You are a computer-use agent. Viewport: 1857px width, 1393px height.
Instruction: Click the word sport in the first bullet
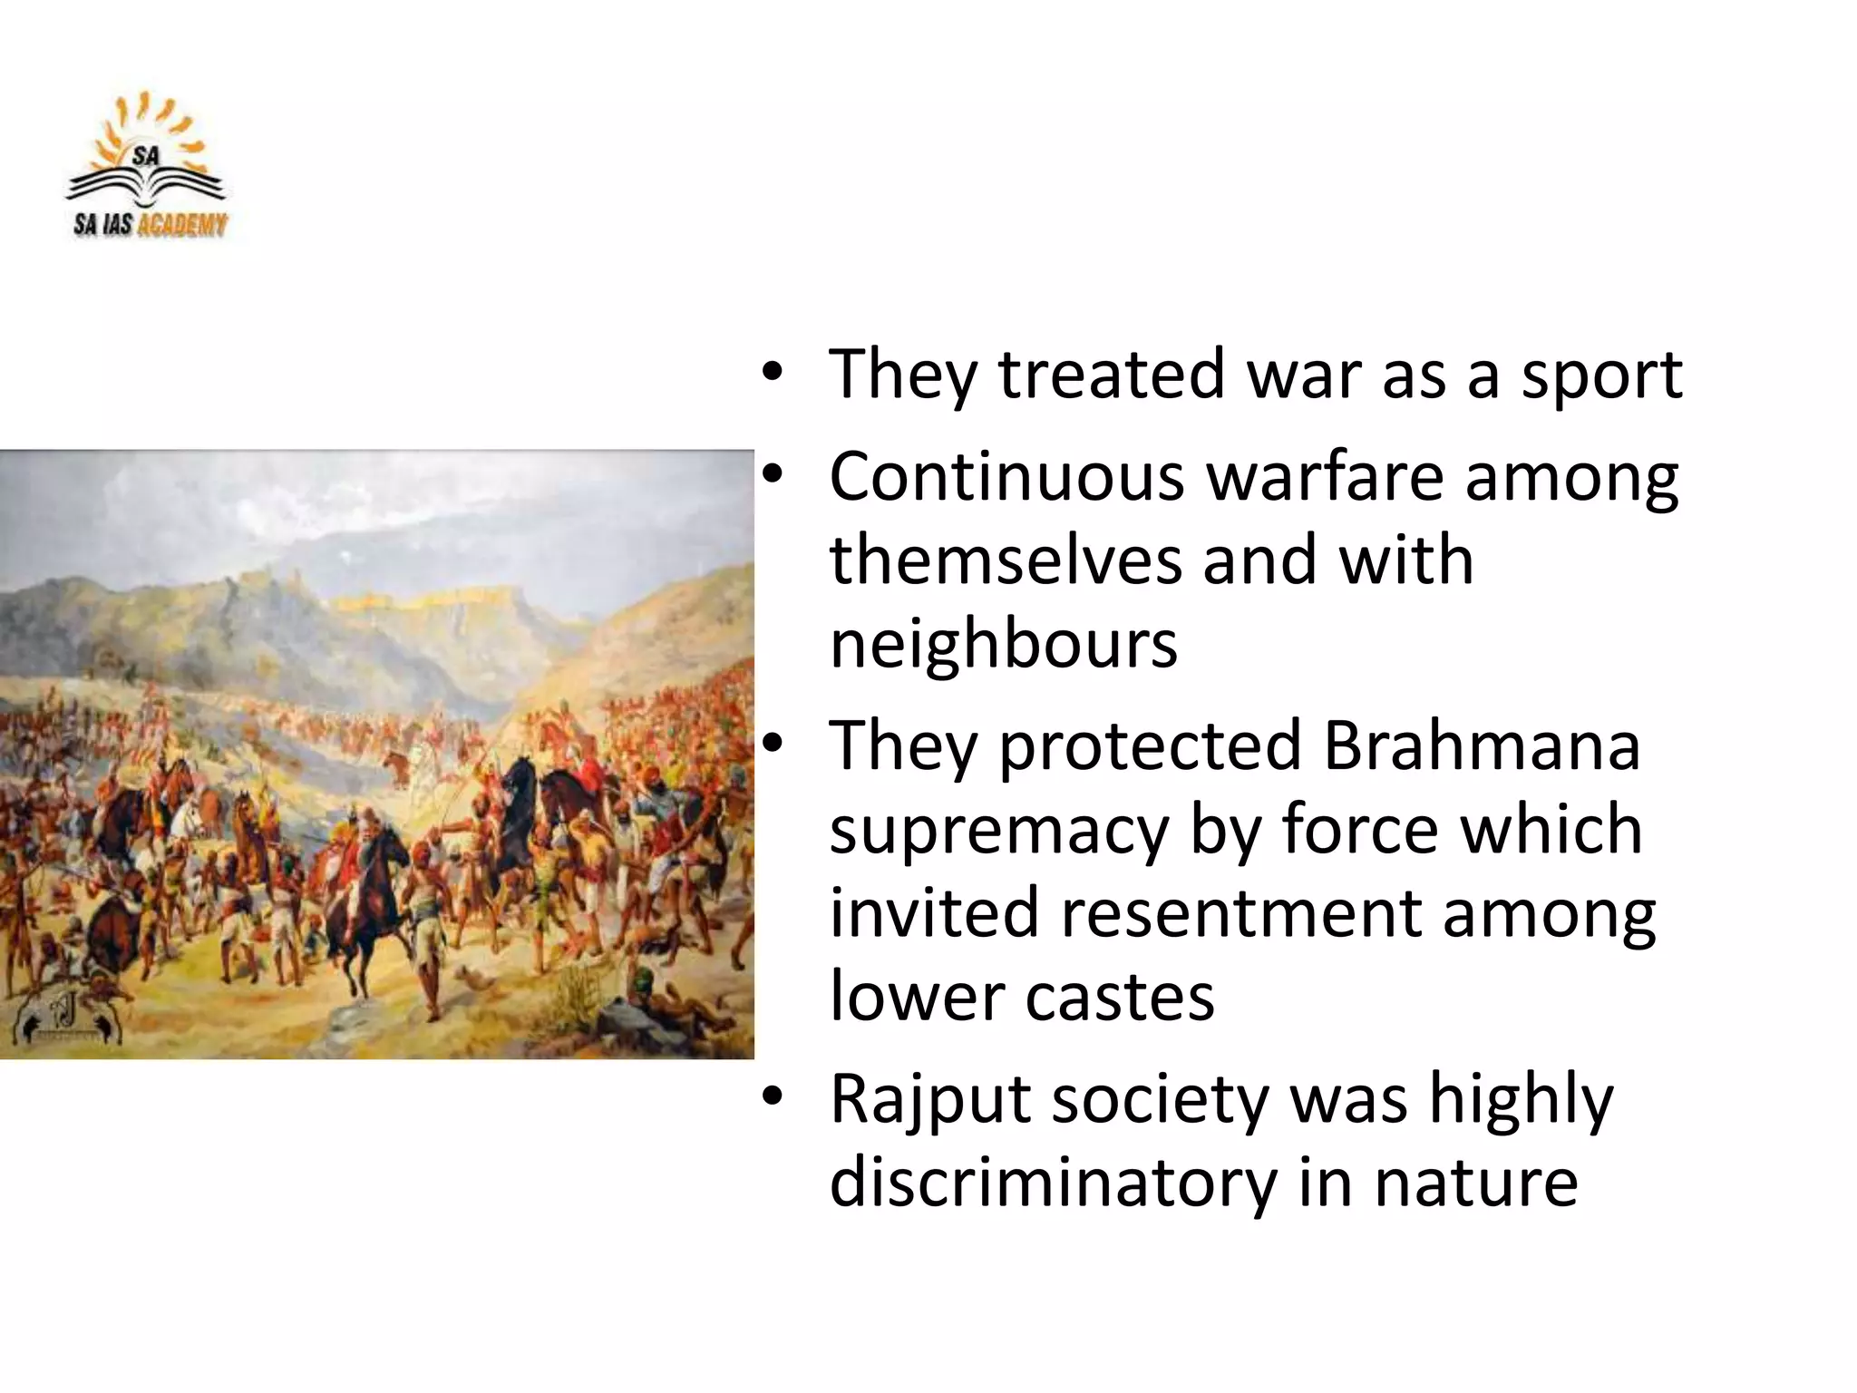1601,375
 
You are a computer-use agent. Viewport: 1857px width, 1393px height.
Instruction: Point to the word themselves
1005,560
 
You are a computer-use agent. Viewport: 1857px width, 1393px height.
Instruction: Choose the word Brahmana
1481,745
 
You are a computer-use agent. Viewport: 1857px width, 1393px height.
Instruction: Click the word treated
1113,374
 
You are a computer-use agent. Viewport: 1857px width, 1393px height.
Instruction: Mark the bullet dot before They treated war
772,372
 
